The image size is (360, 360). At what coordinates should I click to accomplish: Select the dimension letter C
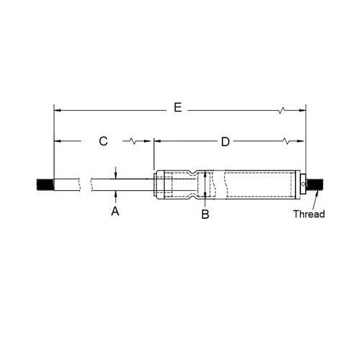[x=103, y=142]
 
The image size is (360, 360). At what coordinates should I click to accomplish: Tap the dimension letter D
[x=225, y=142]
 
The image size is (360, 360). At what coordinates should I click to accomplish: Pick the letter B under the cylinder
[x=205, y=214]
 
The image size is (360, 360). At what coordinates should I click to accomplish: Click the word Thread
[x=309, y=214]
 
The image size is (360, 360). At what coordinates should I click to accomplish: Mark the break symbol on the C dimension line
[x=130, y=142]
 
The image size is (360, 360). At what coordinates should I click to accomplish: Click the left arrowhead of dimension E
[x=58, y=110]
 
